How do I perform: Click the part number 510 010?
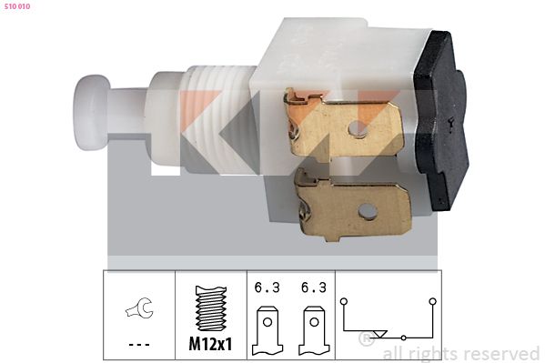click(x=17, y=6)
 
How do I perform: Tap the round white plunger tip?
click(x=91, y=113)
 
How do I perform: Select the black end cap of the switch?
click(x=442, y=121)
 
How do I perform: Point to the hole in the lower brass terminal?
click(x=368, y=211)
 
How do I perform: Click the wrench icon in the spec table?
click(x=139, y=308)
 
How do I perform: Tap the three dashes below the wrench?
click(x=139, y=345)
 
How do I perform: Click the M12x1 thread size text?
click(x=210, y=344)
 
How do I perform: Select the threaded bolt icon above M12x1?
click(x=211, y=308)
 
